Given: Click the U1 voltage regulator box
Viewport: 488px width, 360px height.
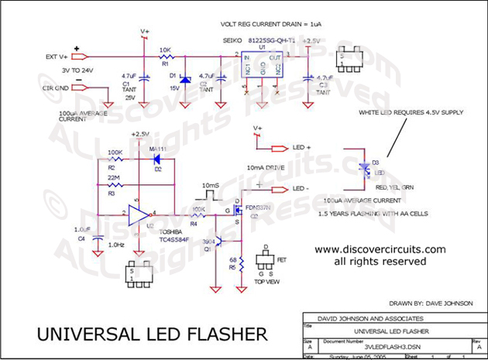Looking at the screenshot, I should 263,67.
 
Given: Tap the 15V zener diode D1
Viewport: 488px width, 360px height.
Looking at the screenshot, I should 184,79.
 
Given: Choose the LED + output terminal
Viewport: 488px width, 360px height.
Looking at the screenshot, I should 280,147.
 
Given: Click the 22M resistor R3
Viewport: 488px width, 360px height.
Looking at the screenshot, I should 114,186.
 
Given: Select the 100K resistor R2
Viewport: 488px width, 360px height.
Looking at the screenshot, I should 114,159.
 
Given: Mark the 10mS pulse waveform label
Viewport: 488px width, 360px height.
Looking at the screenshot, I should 210,186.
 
